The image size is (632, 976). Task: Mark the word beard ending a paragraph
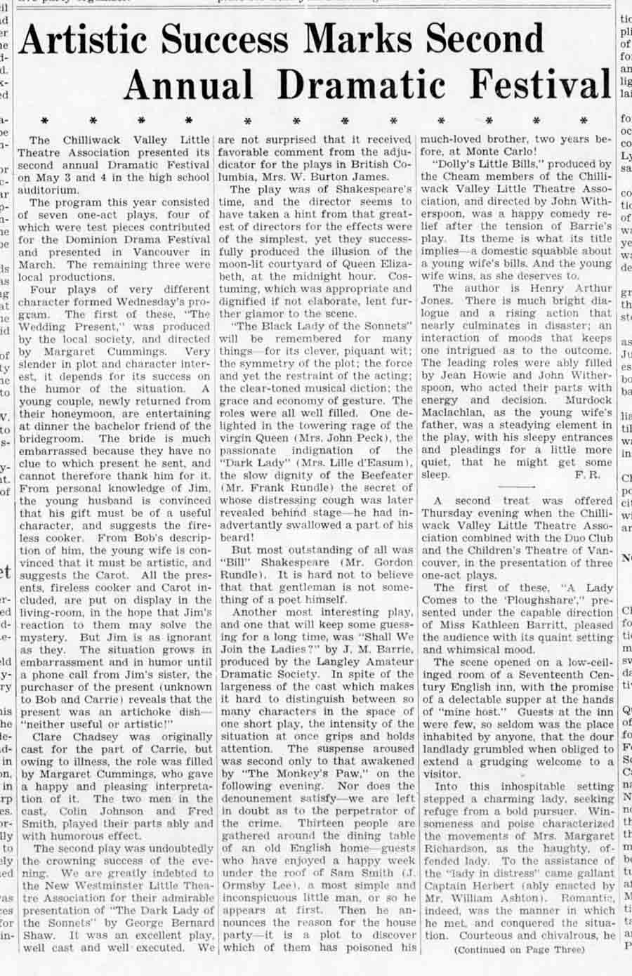click(237, 538)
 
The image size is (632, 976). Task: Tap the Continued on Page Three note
click(518, 949)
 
